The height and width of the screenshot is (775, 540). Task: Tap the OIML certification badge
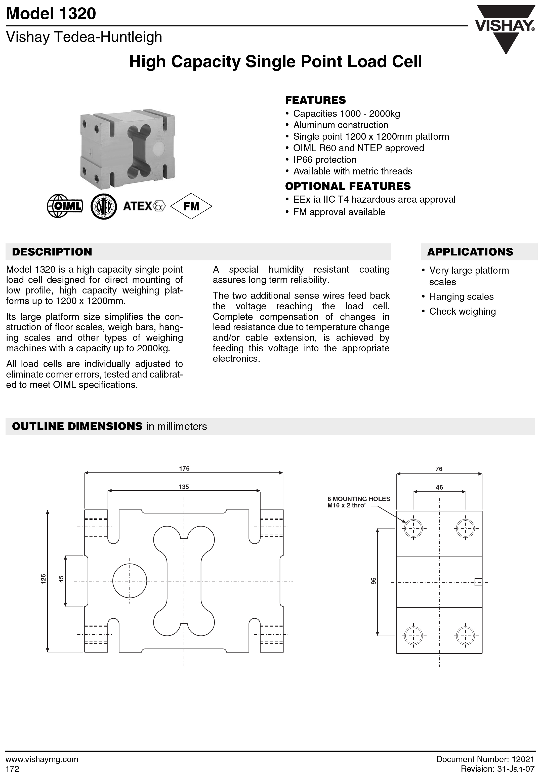pos(65,206)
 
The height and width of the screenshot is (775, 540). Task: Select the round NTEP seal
pos(104,206)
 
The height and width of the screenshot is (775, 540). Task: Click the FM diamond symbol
pos(191,206)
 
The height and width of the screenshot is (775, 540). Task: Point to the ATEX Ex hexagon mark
pos(159,206)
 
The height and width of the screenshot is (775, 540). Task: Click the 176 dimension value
pos(184,468)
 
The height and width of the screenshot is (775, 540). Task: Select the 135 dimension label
pos(184,487)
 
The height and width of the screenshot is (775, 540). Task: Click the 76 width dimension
pos(439,469)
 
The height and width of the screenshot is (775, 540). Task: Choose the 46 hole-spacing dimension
pos(439,487)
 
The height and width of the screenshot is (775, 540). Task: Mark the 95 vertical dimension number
pos(373,581)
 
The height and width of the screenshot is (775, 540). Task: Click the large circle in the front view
pos(130,581)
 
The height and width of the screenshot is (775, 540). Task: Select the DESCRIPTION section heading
pos(52,252)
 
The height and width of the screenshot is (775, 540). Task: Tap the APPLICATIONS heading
pos(470,252)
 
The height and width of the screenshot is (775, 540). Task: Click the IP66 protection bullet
pos(324,160)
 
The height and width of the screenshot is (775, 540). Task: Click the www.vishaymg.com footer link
pos(42,759)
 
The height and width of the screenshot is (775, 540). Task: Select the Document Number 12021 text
pos(485,759)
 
